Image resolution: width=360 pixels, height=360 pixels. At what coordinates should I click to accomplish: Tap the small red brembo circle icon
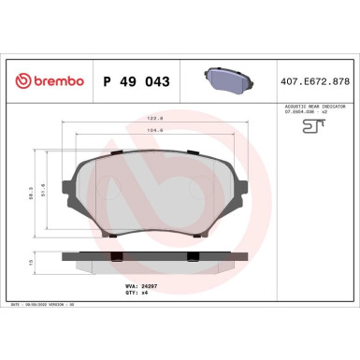tap(22, 82)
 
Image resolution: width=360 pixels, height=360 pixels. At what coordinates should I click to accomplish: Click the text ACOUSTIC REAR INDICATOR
tap(311, 108)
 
